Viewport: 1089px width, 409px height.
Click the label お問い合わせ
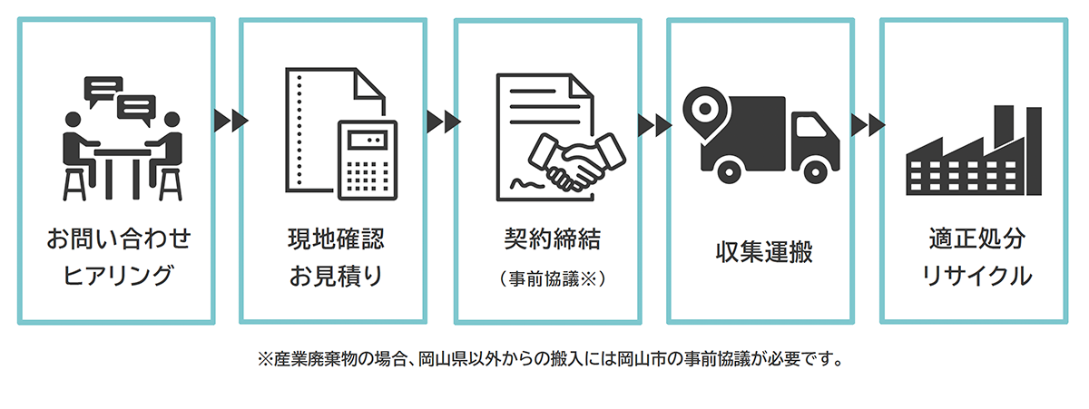click(x=119, y=240)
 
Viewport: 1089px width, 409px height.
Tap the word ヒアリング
click(x=119, y=275)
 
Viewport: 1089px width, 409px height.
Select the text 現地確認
click(x=334, y=240)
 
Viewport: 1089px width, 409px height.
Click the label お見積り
click(x=334, y=275)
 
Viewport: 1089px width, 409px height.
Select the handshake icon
click(x=580, y=158)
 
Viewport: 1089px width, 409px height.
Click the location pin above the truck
click(x=700, y=106)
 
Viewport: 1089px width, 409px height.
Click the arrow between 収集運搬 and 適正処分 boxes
click(x=868, y=124)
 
